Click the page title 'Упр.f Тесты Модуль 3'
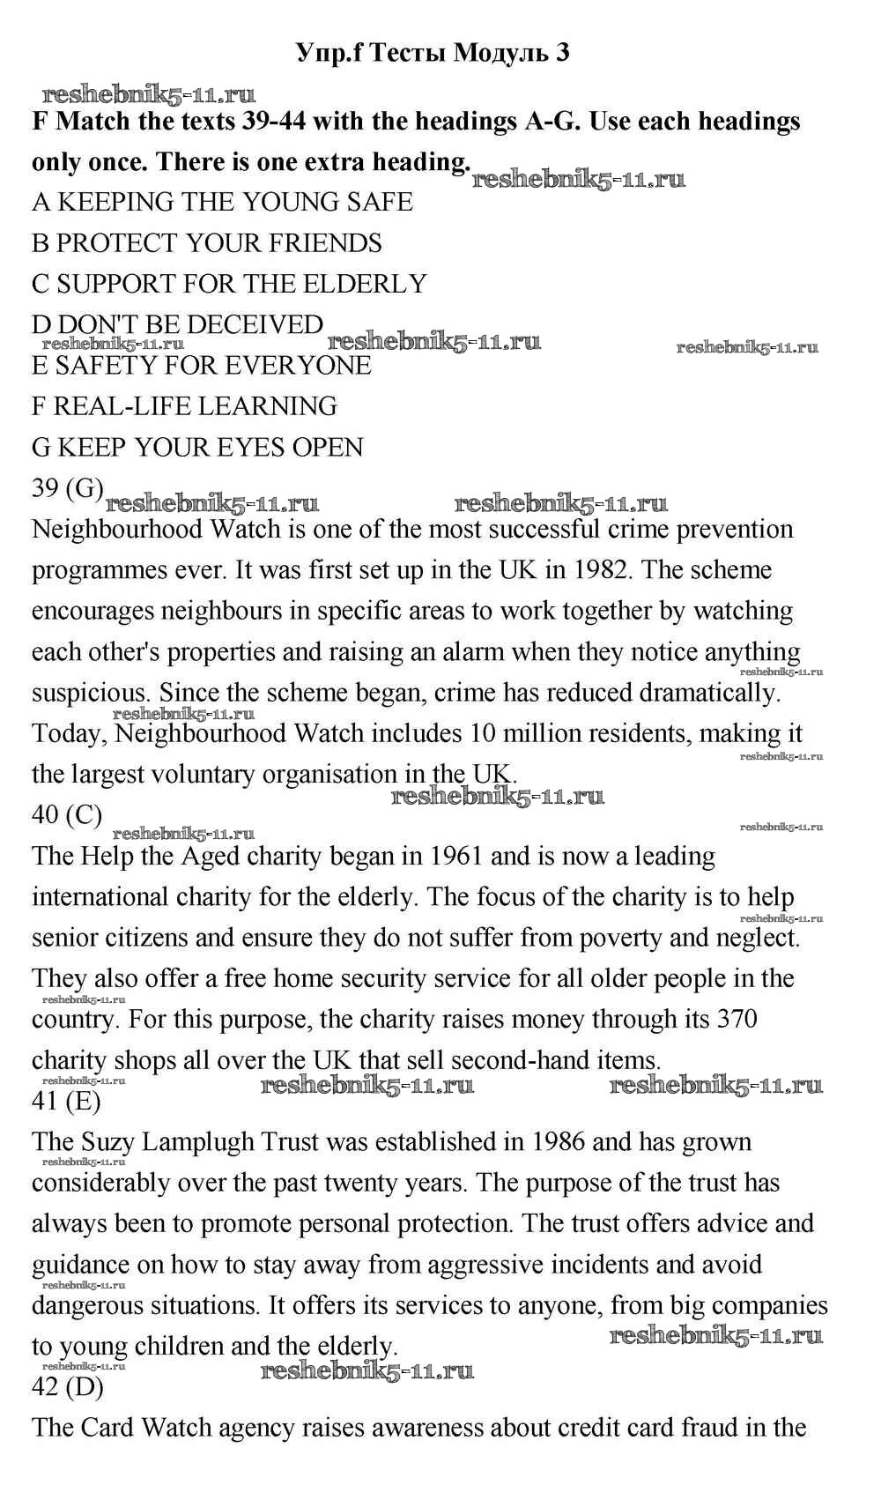click(432, 53)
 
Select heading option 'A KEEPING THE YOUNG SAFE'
click(222, 202)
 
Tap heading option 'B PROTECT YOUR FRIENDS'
click(207, 243)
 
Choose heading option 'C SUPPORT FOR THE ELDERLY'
click(229, 284)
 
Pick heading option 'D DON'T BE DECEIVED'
click(177, 324)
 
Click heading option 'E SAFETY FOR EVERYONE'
click(202, 365)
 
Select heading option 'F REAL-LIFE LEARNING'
click(184, 406)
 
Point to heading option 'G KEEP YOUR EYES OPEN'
click(197, 447)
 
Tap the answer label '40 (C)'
click(67, 814)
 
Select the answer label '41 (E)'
click(66, 1101)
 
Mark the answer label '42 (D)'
click(67, 1386)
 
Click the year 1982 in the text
click(603, 569)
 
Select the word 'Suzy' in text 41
click(108, 1141)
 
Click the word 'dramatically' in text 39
click(710, 693)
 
